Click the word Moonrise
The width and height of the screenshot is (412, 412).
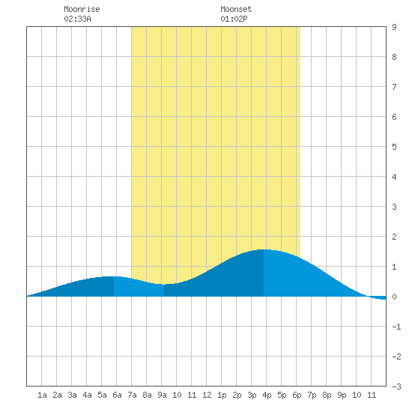point(82,9)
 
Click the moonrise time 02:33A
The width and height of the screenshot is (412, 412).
point(77,19)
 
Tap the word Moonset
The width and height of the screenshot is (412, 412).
point(236,9)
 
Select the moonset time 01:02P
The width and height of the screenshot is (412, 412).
point(234,19)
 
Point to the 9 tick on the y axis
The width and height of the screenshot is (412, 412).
point(394,27)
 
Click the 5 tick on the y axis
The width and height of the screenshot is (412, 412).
point(394,147)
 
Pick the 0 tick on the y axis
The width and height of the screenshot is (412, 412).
point(394,297)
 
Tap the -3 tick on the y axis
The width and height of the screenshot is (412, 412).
point(396,387)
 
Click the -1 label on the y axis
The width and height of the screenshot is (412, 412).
point(396,327)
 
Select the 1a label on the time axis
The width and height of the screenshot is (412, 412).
point(42,395)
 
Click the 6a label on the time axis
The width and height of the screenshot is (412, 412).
point(117,395)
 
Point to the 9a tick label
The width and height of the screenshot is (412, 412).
point(162,395)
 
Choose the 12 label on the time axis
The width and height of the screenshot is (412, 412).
point(207,395)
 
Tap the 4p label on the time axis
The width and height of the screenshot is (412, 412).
point(267,395)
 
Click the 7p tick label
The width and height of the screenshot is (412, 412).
point(312,395)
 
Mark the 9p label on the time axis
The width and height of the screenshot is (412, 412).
point(342,395)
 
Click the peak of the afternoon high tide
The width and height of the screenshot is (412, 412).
point(264,249)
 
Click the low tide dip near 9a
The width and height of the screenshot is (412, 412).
point(164,285)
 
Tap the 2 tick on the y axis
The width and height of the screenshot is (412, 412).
point(394,237)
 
